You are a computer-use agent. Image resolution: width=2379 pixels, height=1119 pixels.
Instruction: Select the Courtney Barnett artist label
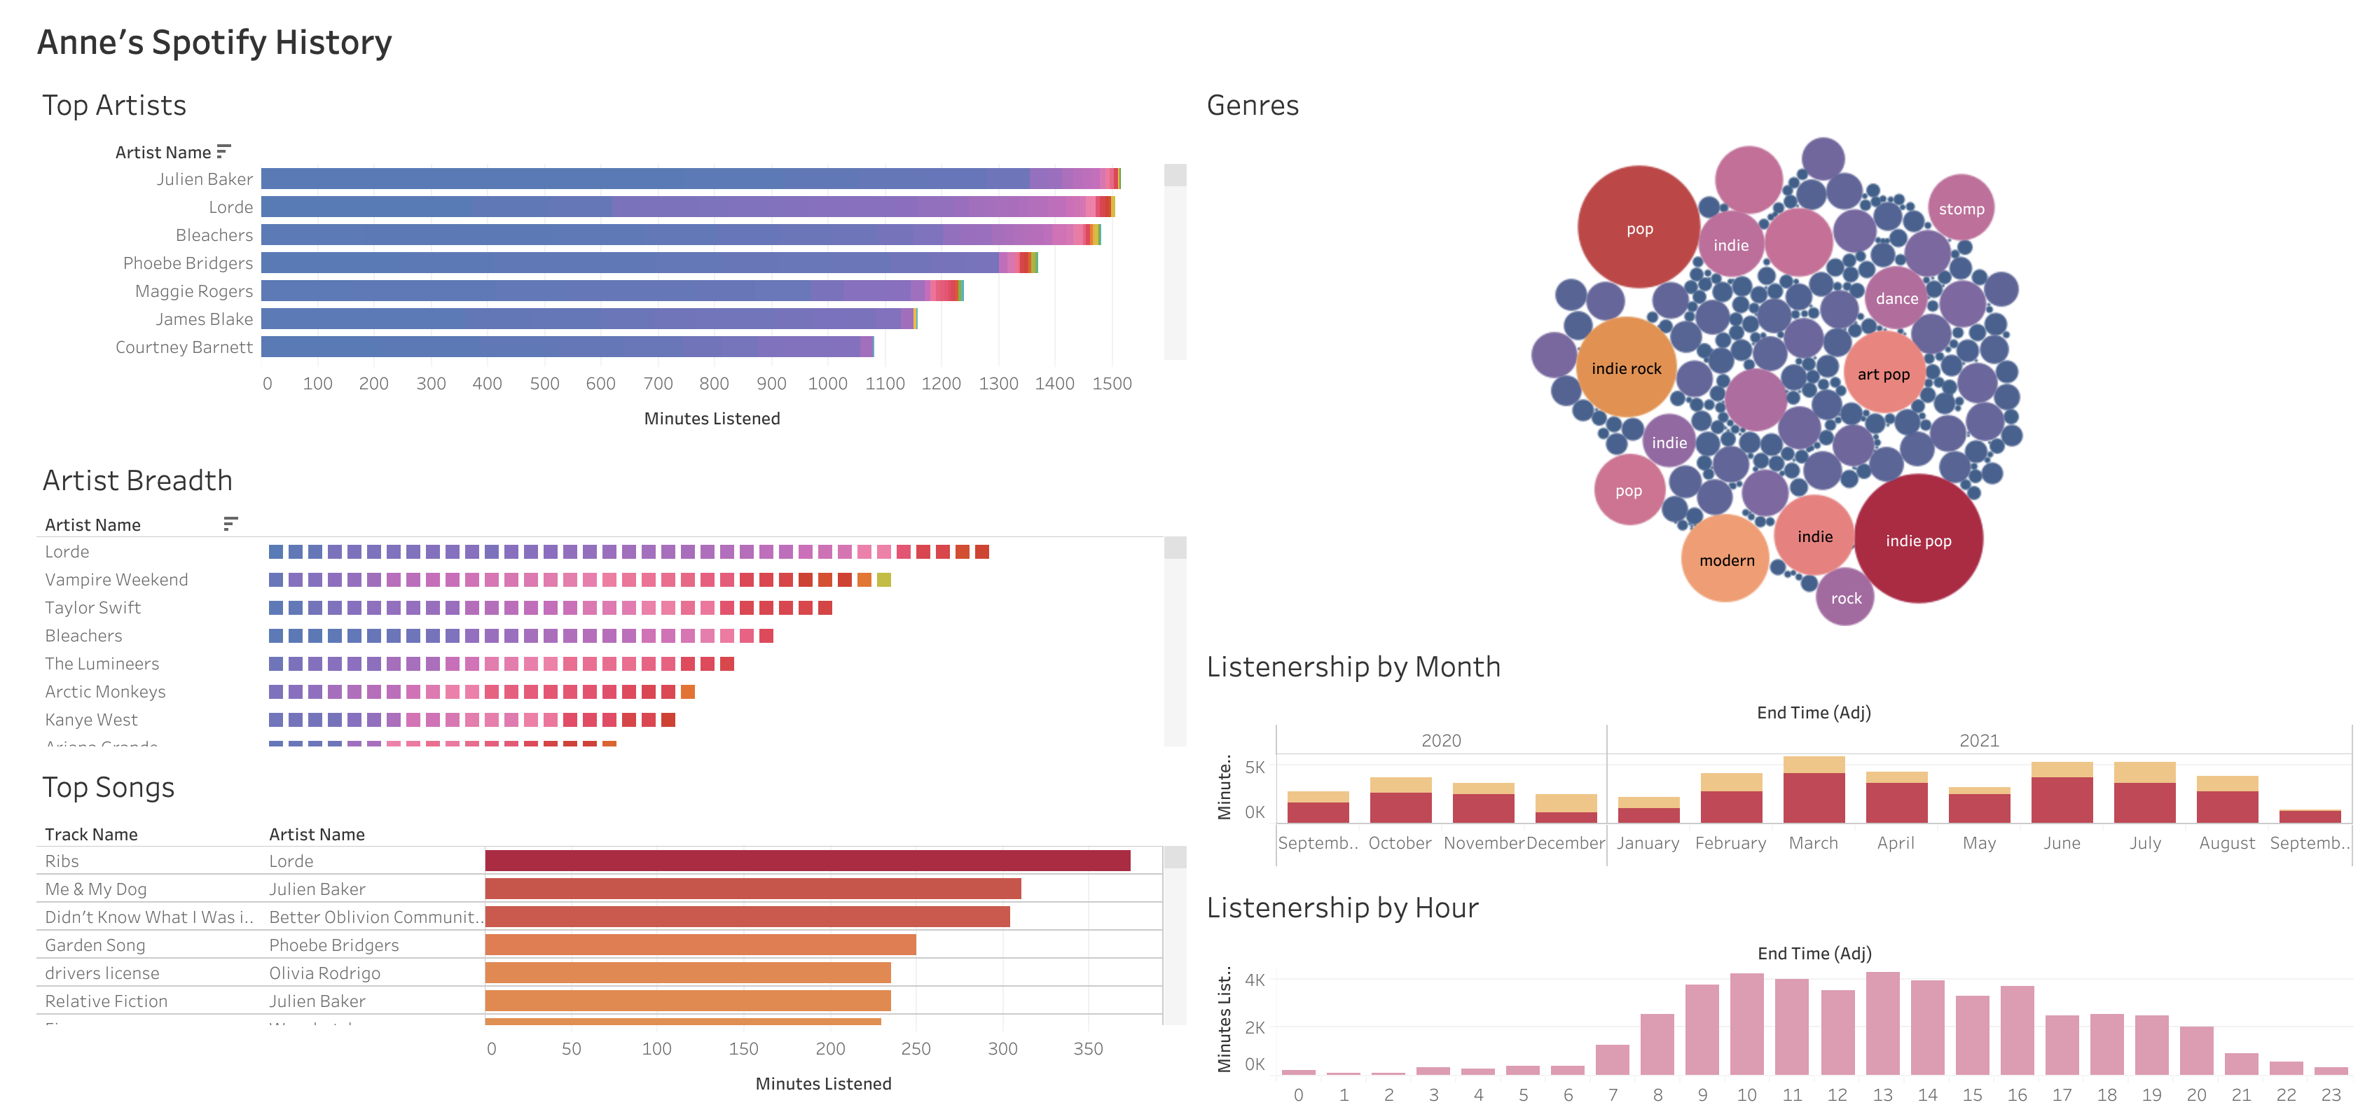point(184,347)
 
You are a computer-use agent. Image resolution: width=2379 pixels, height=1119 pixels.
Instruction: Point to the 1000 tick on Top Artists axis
point(827,383)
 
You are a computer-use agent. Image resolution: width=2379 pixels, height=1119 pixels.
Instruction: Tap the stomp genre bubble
point(1961,209)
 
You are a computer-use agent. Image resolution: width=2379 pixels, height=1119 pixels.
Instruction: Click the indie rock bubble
point(1627,368)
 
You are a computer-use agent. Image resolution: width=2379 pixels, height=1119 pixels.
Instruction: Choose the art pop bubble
point(1883,374)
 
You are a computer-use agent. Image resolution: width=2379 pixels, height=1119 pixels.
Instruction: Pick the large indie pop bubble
point(1918,540)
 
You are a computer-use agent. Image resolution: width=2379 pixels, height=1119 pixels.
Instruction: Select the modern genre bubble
point(1726,559)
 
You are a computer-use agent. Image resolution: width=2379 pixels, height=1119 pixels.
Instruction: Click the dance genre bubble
point(1897,298)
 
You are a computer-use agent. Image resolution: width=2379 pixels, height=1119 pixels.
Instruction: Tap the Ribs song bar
point(807,861)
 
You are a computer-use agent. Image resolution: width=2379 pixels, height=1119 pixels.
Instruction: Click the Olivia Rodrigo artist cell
point(324,973)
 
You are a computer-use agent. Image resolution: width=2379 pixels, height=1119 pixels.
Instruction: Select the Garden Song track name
point(95,945)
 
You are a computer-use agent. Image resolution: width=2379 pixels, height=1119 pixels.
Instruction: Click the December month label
point(1566,843)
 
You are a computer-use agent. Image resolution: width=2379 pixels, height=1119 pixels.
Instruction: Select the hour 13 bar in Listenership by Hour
point(1882,1024)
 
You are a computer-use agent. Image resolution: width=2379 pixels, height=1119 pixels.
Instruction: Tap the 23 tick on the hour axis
point(2330,1095)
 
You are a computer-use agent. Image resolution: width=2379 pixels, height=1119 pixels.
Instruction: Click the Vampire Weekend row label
point(116,580)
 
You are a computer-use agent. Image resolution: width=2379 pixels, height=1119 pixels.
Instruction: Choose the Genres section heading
point(1253,105)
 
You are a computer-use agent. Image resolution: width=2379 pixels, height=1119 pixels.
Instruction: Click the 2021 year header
point(1978,740)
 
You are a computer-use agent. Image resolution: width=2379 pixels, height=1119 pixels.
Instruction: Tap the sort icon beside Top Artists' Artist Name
point(223,151)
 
